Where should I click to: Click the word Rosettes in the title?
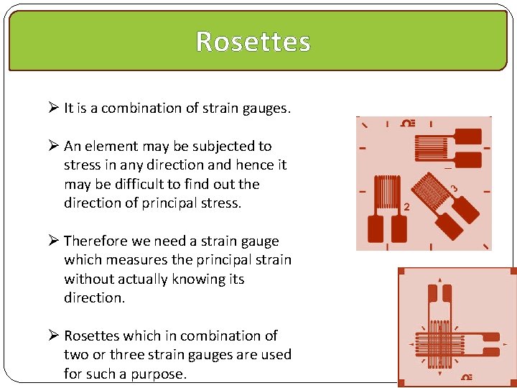click(x=253, y=42)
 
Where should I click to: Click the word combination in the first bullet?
click(x=136, y=108)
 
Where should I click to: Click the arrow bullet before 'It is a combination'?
click(x=53, y=108)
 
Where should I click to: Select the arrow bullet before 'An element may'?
click(x=53, y=147)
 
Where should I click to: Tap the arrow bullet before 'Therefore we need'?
click(x=53, y=241)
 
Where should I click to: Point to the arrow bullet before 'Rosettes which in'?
click(x=53, y=336)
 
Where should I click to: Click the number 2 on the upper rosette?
click(x=407, y=207)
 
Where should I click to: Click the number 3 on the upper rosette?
click(x=454, y=189)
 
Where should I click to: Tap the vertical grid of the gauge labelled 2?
click(x=386, y=192)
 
